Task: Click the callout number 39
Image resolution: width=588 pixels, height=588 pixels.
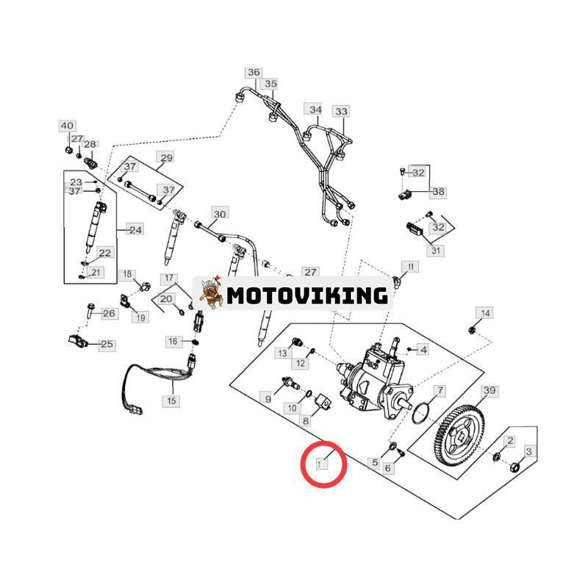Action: (x=490, y=390)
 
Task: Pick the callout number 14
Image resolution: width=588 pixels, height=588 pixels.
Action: (x=484, y=314)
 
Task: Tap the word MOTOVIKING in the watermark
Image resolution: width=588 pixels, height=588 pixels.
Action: (x=307, y=295)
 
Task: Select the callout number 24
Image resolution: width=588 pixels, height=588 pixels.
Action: (x=135, y=230)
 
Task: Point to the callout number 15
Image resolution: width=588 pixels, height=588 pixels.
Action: (x=172, y=401)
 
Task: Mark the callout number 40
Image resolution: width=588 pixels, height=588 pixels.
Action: (x=67, y=126)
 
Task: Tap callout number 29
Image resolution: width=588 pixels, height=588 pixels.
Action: (x=166, y=158)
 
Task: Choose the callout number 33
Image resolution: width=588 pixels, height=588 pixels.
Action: (x=341, y=112)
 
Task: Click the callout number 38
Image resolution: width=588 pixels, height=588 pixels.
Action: (x=439, y=192)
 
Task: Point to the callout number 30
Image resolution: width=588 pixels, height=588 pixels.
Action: (x=220, y=215)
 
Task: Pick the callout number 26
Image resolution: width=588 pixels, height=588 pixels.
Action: (x=109, y=314)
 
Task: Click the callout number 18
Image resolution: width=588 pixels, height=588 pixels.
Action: (x=129, y=275)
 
